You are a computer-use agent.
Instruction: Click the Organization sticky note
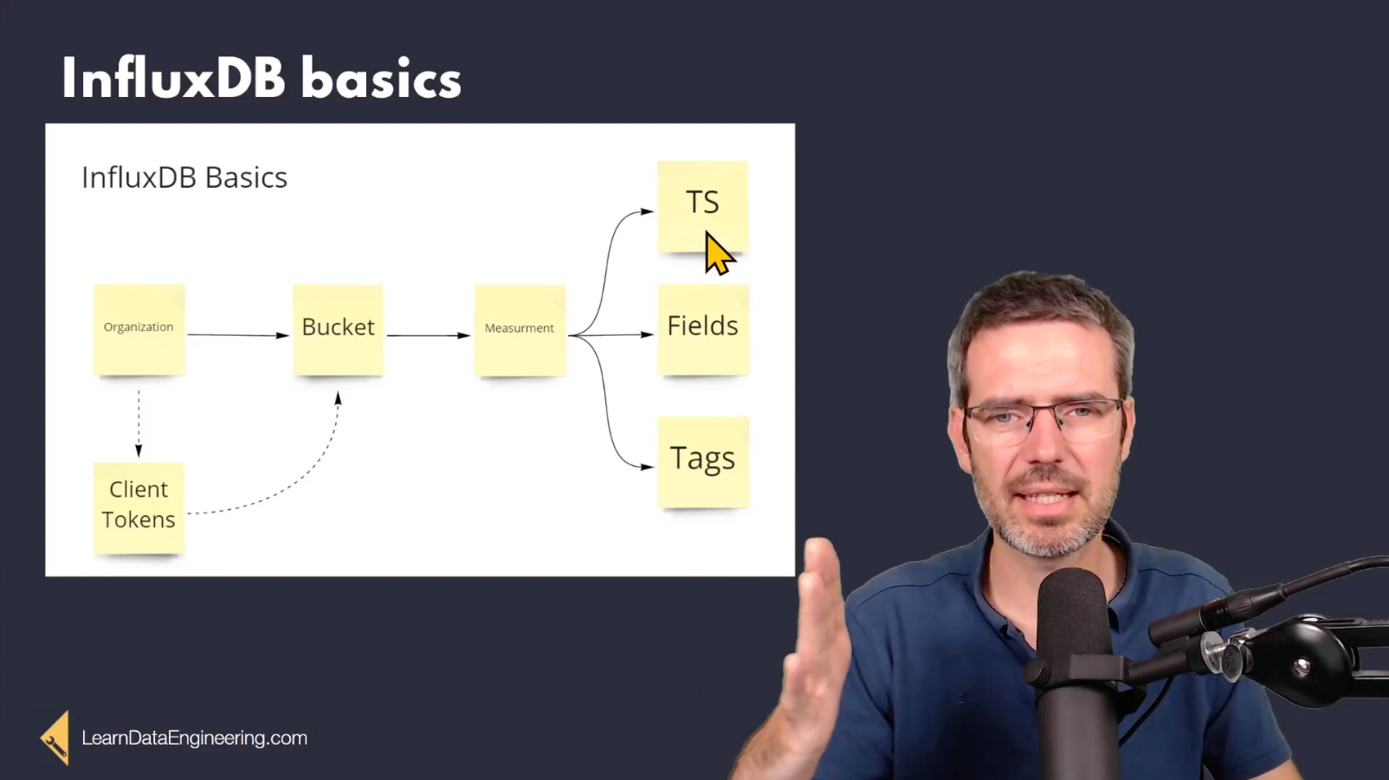point(139,330)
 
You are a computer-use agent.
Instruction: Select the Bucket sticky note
point(338,330)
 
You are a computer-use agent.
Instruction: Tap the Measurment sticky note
point(520,331)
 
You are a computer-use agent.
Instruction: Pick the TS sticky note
point(702,206)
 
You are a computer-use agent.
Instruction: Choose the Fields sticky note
point(703,330)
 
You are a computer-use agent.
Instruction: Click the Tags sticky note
point(703,462)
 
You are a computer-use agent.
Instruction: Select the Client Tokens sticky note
point(139,508)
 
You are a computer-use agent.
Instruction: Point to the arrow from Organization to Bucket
point(238,335)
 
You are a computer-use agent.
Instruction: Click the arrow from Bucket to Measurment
point(429,335)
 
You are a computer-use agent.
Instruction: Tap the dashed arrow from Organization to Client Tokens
point(139,424)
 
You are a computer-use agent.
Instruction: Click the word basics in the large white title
point(381,80)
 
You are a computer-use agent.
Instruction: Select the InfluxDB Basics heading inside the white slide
point(184,178)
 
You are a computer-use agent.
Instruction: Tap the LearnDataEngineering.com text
point(195,738)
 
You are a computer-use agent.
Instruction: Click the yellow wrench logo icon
point(55,738)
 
